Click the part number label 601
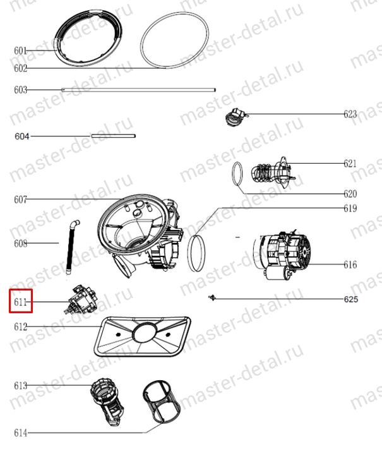[x=20, y=51]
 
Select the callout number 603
[x=20, y=90]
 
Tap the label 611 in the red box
[x=20, y=302]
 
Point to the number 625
[x=351, y=299]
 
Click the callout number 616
[x=350, y=265]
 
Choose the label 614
[x=21, y=433]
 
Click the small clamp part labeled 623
[x=237, y=117]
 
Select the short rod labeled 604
[x=114, y=136]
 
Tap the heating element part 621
[x=273, y=173]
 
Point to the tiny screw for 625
[x=212, y=298]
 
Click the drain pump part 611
[x=81, y=299]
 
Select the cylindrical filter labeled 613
[x=107, y=402]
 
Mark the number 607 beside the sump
[x=20, y=200]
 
